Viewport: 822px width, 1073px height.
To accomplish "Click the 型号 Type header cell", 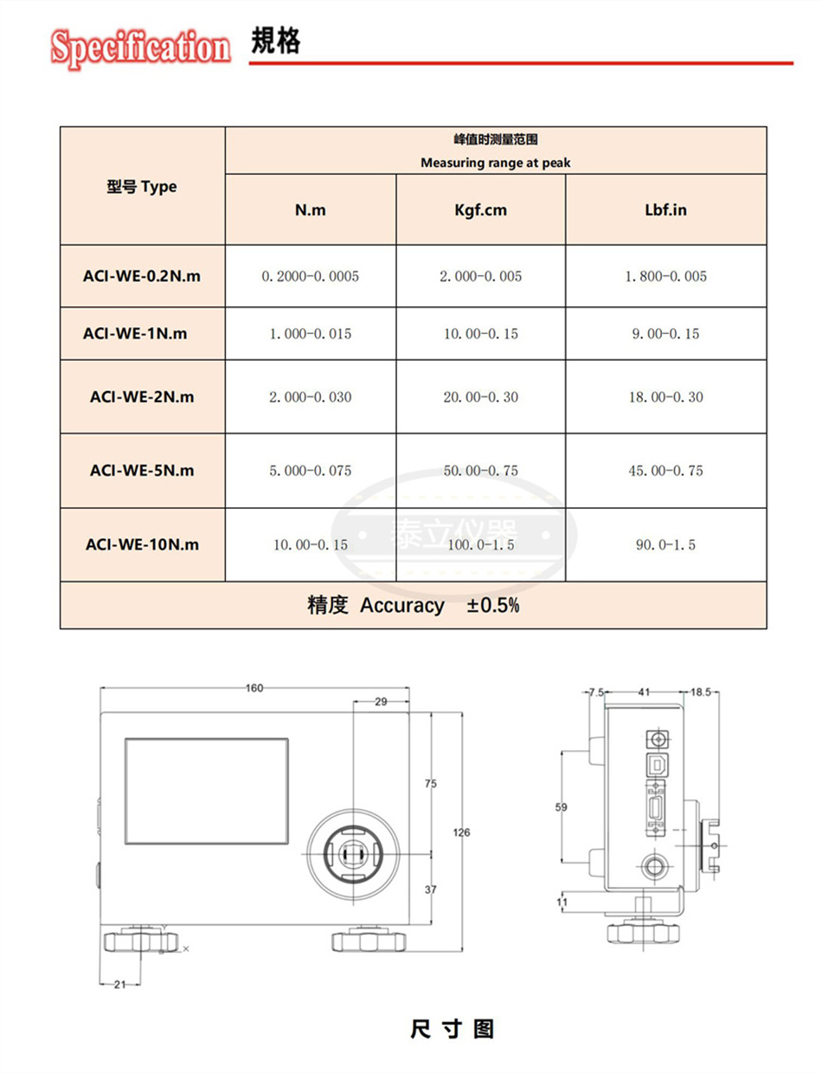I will pyautogui.click(x=141, y=186).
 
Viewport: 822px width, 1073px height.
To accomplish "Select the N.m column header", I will pyautogui.click(x=311, y=210).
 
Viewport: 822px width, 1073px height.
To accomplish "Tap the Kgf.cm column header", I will pyautogui.click(x=480, y=210).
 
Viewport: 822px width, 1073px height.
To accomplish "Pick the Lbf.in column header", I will pyautogui.click(x=665, y=210).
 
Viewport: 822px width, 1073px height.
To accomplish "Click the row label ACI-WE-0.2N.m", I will pyautogui.click(x=142, y=276).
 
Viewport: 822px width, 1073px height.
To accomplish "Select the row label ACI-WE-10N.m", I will pyautogui.click(x=142, y=544).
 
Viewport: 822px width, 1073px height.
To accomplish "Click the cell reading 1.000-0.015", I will pyautogui.click(x=311, y=333).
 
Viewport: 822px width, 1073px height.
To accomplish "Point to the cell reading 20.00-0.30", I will pyautogui.click(x=480, y=397).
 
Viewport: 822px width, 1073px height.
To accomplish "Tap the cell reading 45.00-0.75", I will pyautogui.click(x=665, y=471).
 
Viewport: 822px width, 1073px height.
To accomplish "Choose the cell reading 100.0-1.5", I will pyautogui.click(x=480, y=544).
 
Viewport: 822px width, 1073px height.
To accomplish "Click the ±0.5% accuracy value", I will pyautogui.click(x=493, y=606).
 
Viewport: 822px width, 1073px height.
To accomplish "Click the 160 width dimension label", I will pyautogui.click(x=254, y=688).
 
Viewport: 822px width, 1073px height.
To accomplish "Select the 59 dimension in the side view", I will pyautogui.click(x=561, y=807).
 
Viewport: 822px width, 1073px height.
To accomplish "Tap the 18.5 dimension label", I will pyautogui.click(x=702, y=692).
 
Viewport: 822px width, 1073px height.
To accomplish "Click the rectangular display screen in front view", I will pyautogui.click(x=207, y=780).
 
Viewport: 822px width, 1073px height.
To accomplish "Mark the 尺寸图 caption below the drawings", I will pyautogui.click(x=452, y=1030).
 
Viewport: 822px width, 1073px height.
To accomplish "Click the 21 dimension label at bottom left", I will pyautogui.click(x=120, y=984).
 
